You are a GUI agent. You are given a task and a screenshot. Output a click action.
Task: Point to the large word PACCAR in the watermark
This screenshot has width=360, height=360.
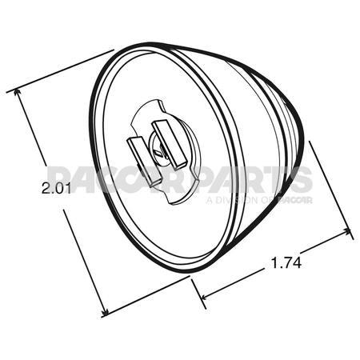120,179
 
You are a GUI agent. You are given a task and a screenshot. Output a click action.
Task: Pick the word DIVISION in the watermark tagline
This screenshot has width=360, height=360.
240,199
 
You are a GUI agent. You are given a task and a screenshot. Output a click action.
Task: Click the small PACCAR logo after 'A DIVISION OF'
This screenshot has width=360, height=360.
296,199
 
